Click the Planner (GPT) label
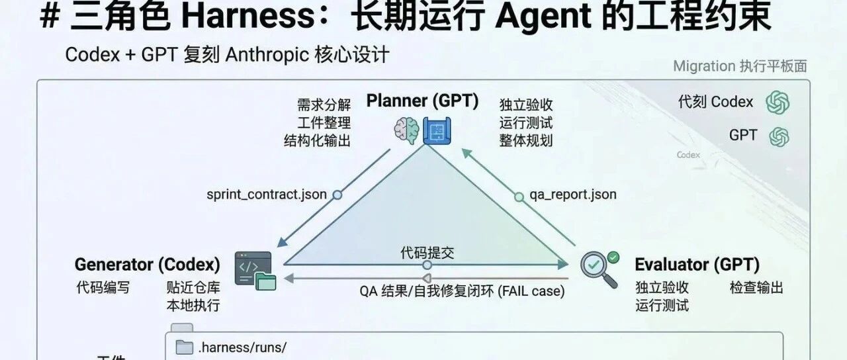pyautogui.click(x=422, y=101)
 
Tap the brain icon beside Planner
pyautogui.click(x=406, y=130)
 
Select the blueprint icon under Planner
pyautogui.click(x=436, y=130)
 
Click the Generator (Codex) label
pyautogui.click(x=147, y=265)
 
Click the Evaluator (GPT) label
pyautogui.click(x=697, y=265)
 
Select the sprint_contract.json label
pyautogui.click(x=266, y=195)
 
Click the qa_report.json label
pyautogui.click(x=573, y=195)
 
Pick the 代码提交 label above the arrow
pyautogui.click(x=427, y=252)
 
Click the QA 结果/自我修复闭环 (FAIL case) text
pyautogui.click(x=462, y=291)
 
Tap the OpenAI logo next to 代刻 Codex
pyautogui.click(x=778, y=103)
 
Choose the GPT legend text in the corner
pyautogui.click(x=742, y=135)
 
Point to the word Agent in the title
pyautogui.click(x=539, y=18)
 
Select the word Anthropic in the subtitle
pyautogui.click(x=267, y=55)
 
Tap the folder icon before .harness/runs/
pyautogui.click(x=184, y=347)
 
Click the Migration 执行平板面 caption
pyautogui.click(x=740, y=66)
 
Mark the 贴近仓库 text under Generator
pyautogui.click(x=193, y=287)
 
